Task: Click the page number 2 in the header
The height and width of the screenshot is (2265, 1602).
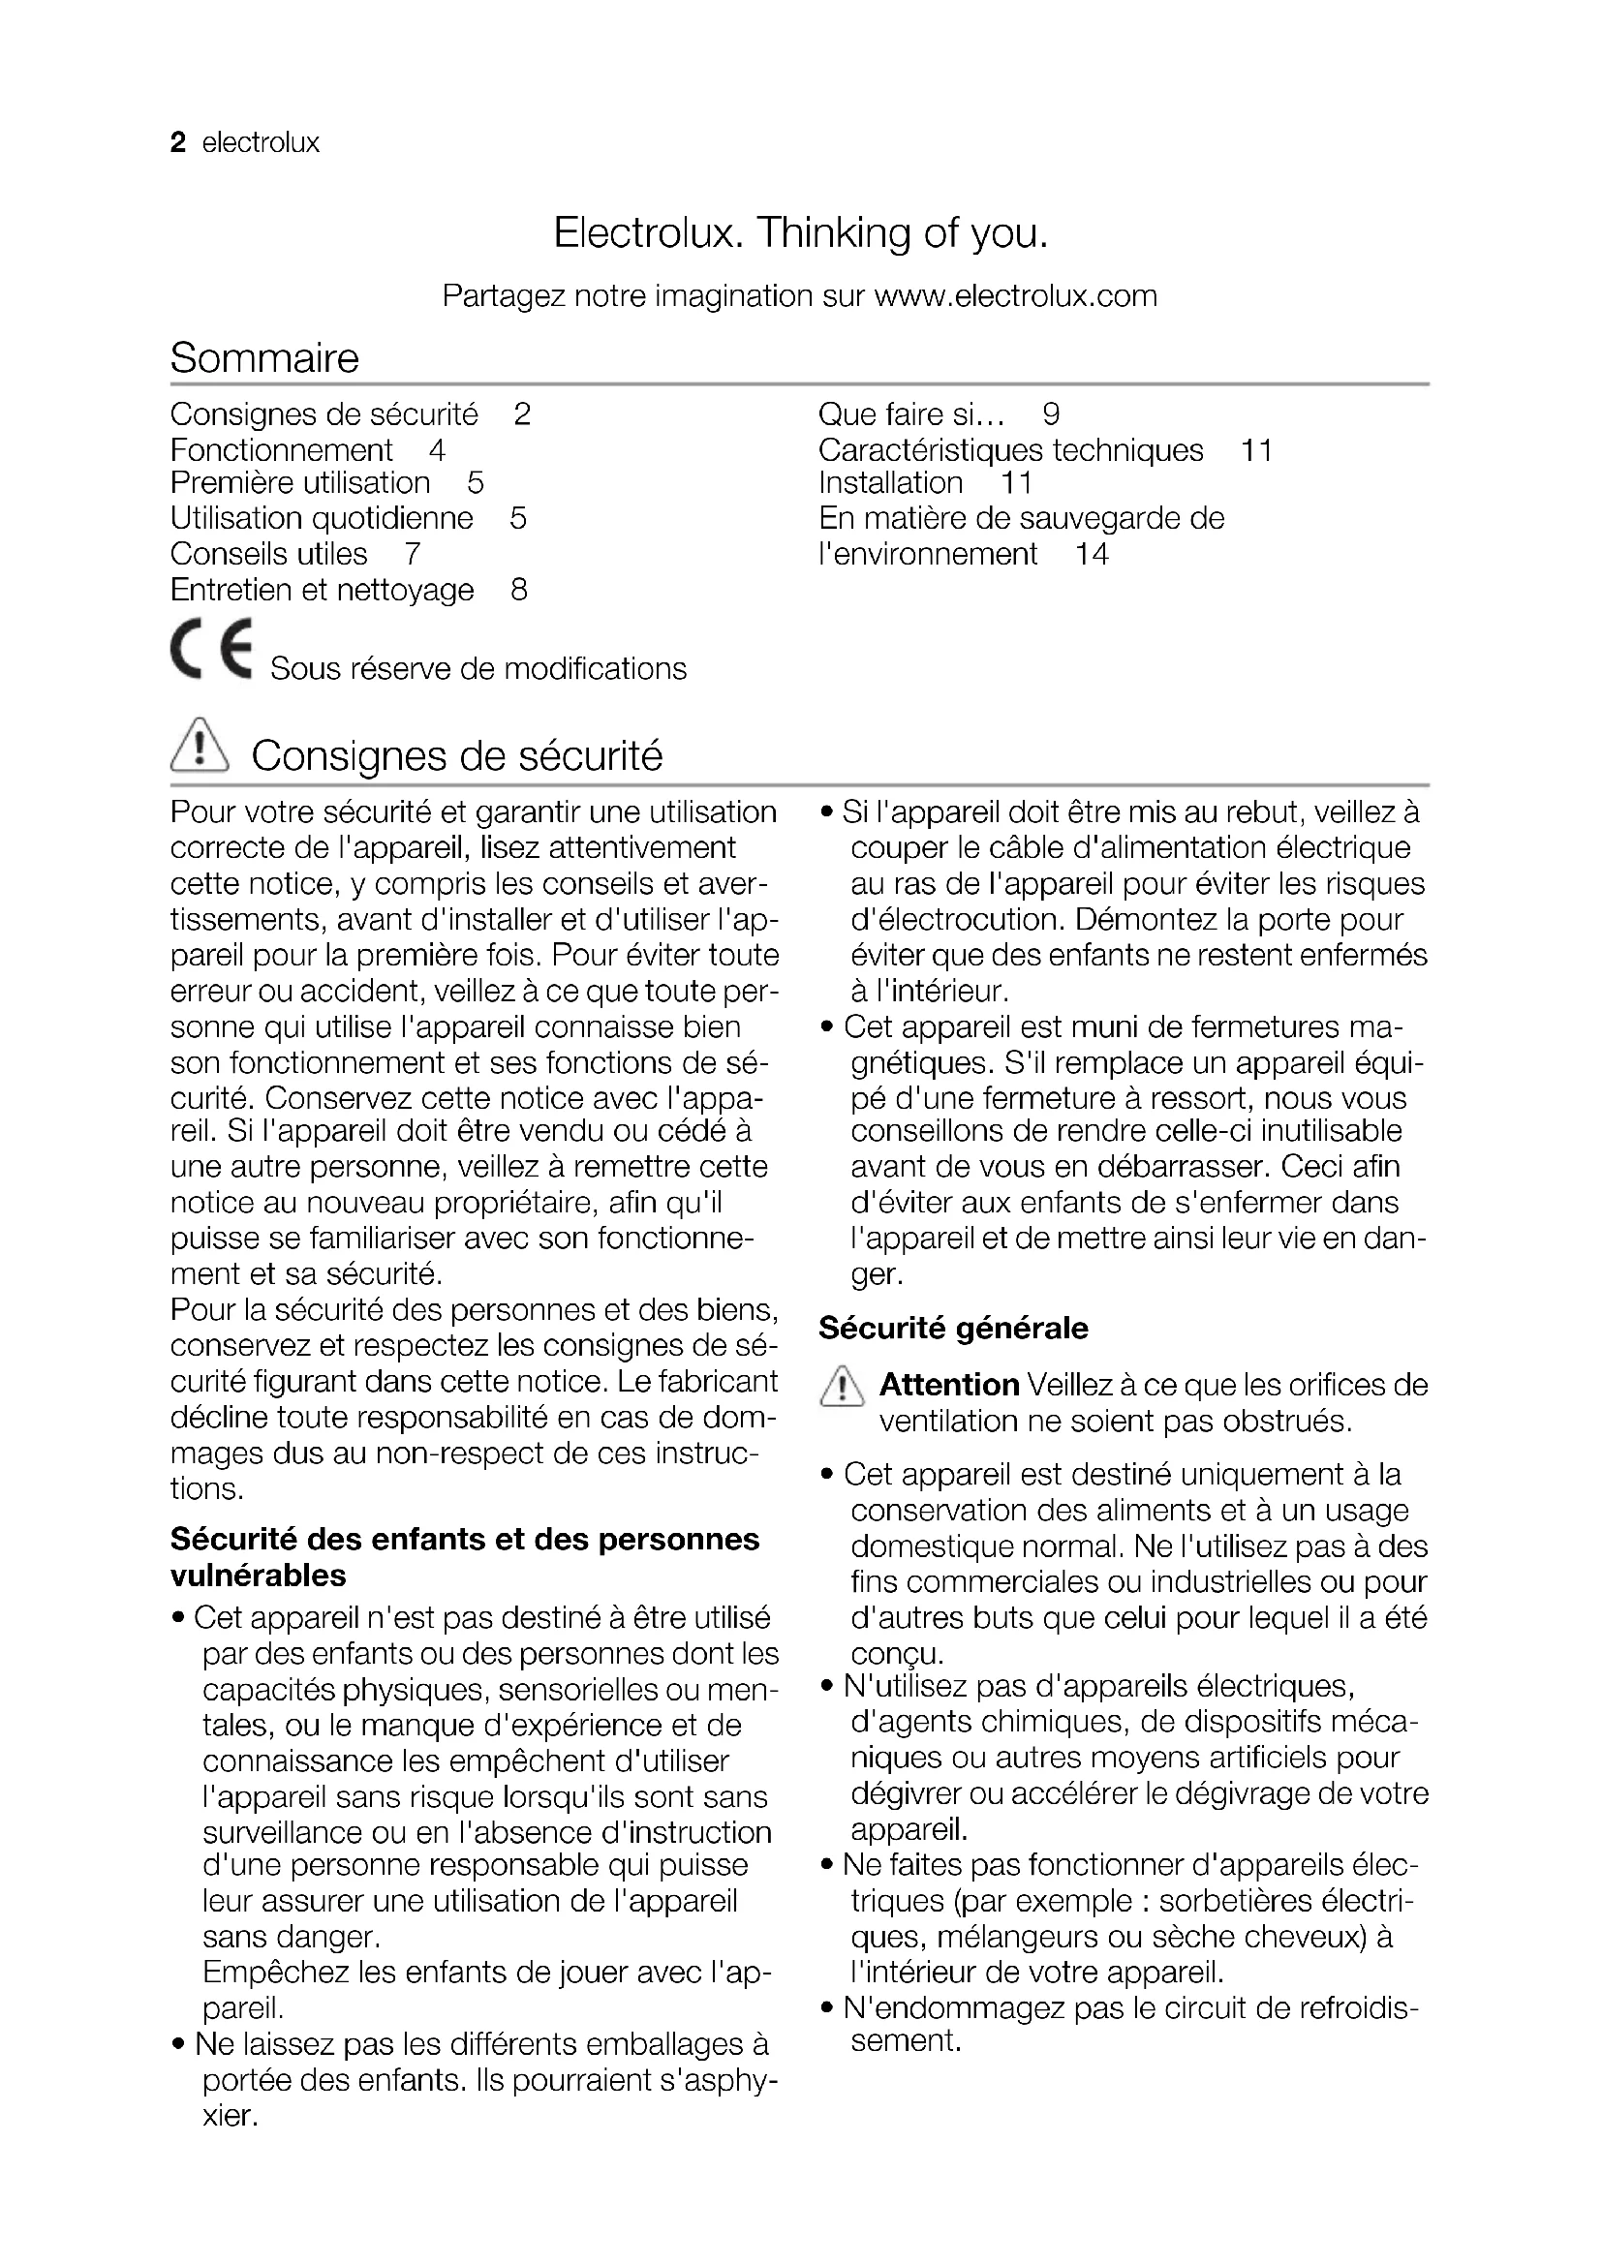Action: pyautogui.click(x=177, y=143)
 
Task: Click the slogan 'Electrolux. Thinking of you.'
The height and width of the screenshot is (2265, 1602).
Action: pyautogui.click(x=800, y=233)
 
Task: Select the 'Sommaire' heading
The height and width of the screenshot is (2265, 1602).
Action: pyautogui.click(x=264, y=357)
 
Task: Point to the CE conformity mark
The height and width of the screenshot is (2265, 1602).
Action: pyautogui.click(x=211, y=649)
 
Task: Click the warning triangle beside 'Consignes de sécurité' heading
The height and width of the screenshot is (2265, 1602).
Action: pyautogui.click(x=200, y=746)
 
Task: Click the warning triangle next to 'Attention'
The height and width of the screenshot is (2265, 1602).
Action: pyautogui.click(x=841, y=1389)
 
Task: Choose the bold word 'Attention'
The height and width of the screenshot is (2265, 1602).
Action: pyautogui.click(x=949, y=1385)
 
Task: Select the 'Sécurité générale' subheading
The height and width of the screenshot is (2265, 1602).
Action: pyautogui.click(x=953, y=1328)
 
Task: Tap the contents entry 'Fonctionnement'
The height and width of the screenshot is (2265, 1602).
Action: pyautogui.click(x=281, y=450)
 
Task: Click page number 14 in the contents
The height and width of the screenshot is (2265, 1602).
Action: pyautogui.click(x=1091, y=554)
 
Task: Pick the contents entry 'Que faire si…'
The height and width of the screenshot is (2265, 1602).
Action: pyautogui.click(x=911, y=414)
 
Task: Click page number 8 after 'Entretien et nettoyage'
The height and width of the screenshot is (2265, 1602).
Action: pyautogui.click(x=519, y=590)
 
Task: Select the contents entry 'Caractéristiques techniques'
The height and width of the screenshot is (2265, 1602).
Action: pyautogui.click(x=1010, y=450)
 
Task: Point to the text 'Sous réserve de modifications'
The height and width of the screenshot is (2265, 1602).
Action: pyautogui.click(x=478, y=669)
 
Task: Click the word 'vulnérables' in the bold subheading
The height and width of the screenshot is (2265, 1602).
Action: pyautogui.click(x=259, y=1576)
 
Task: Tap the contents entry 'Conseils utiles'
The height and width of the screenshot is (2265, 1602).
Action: pyautogui.click(x=268, y=554)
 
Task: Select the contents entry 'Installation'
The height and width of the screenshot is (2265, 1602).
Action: pyautogui.click(x=890, y=482)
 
